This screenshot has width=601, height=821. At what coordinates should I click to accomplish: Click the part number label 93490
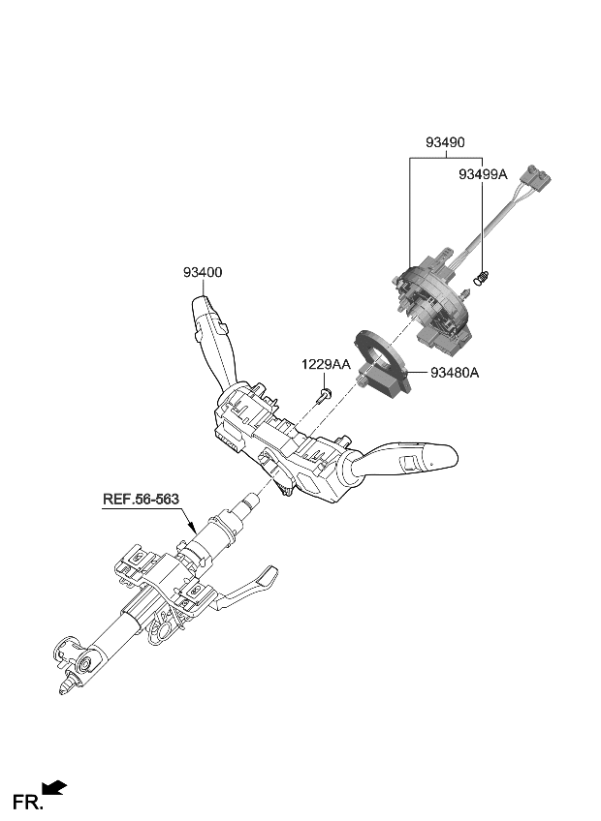pos(444,142)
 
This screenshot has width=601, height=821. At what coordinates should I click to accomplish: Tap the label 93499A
pos(483,175)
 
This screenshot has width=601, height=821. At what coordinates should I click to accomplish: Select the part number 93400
pos(202,273)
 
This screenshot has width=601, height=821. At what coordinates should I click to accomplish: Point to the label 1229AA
pos(324,364)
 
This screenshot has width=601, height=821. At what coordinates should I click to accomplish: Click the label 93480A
pos(450,372)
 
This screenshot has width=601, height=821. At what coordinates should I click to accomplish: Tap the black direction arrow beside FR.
pos(54,789)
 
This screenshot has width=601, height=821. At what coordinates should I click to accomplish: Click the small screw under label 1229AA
pos(325,393)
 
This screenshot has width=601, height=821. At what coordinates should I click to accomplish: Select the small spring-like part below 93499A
pos(481,280)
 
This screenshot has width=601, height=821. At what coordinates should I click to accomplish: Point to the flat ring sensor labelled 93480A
pos(374,349)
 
